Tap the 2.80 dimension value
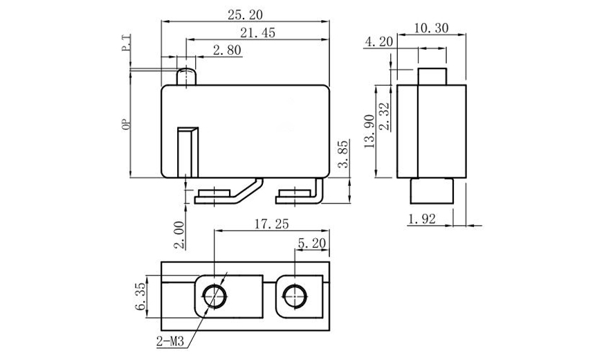point(227,50)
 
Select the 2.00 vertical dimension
point(179,235)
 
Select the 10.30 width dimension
point(432,28)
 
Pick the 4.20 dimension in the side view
point(378,42)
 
